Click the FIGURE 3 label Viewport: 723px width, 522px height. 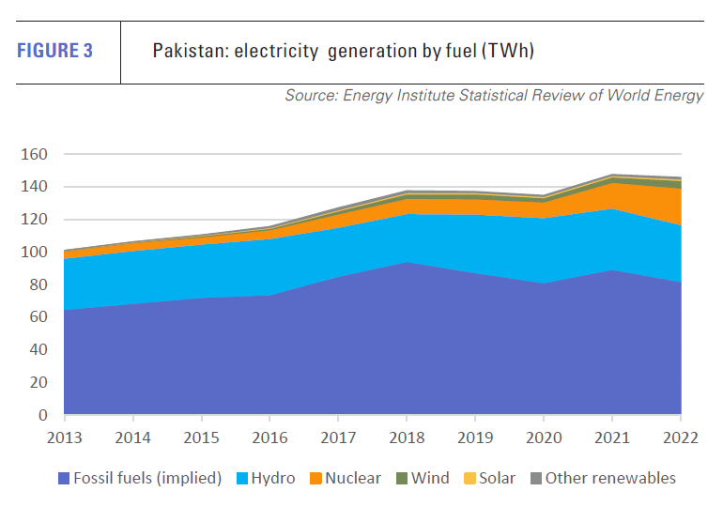point(55,51)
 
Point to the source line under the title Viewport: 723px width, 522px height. point(494,96)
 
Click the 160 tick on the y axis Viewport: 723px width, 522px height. point(35,154)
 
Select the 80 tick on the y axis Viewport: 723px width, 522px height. point(38,284)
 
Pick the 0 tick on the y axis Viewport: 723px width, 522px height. point(43,415)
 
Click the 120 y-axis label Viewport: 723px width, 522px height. point(35,220)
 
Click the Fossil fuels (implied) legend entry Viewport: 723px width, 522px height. point(140,478)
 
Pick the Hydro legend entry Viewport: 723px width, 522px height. point(267,478)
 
